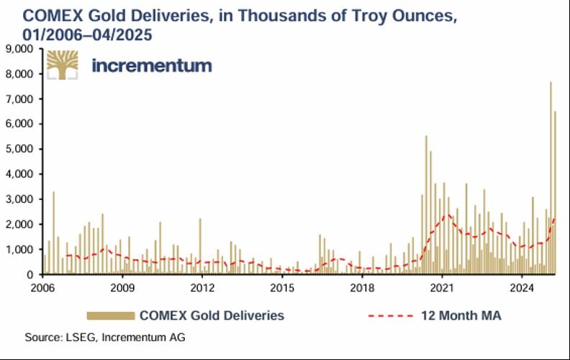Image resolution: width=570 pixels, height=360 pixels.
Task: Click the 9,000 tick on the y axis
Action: pos(24,49)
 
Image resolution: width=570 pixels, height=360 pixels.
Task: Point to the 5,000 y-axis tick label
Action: pos(24,149)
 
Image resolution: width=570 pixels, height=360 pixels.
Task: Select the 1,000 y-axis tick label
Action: pos(24,250)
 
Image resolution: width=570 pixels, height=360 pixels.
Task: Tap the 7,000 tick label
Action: pos(24,99)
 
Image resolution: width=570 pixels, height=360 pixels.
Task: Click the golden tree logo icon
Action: pos(63,66)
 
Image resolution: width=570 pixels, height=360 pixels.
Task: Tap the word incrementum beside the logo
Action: pos(152,66)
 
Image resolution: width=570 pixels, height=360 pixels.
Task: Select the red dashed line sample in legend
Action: pos(393,315)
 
